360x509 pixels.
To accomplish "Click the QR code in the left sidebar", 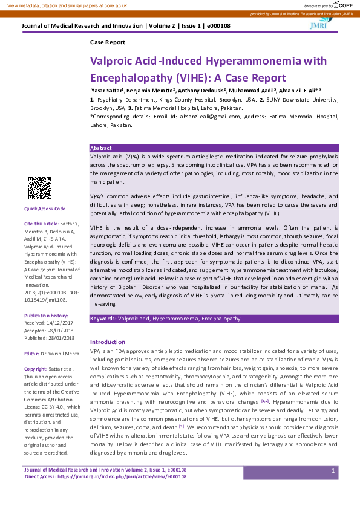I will coord(39,189).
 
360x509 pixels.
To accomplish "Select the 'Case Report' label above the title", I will coord(107,42).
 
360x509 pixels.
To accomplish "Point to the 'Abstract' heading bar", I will coord(100,148).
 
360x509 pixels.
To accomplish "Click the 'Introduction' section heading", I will coord(107,342).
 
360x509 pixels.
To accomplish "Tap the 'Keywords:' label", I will coord(103,318).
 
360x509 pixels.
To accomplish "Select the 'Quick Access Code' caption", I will coord(44,209).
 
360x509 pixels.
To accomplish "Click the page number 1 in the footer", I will coord(333,470).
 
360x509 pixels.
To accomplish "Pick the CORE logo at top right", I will coord(344,4).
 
